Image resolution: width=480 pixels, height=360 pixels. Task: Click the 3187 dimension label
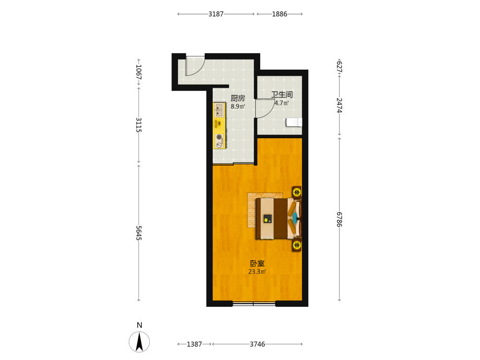(216, 14)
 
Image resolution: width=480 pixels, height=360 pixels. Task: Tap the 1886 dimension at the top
(279, 14)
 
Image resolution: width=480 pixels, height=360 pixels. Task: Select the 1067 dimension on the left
(139, 72)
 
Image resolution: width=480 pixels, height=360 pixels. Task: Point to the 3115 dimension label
(139, 125)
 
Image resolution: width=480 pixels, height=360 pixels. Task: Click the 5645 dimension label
(139, 233)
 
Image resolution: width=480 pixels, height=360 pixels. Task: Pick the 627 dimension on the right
(339, 67)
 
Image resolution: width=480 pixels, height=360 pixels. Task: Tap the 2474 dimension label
(339, 105)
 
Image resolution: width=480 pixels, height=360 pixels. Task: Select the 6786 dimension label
(339, 219)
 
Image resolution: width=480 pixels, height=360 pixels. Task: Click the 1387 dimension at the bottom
(194, 344)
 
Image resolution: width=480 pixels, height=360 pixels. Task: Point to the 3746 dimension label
(257, 344)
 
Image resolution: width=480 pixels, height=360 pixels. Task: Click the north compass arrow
(139, 342)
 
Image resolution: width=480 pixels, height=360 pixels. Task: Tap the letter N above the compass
(139, 325)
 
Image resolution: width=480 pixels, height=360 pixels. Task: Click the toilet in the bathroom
(294, 122)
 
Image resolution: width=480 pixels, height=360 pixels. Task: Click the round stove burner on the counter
(219, 137)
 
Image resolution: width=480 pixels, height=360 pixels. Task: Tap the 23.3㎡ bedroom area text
(257, 272)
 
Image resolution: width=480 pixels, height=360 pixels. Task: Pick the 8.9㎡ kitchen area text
(238, 107)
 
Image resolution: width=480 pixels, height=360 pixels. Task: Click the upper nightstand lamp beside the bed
(297, 192)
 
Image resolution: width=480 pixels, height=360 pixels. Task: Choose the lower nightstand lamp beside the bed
(297, 245)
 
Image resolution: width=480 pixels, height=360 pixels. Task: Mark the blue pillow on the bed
(295, 218)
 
